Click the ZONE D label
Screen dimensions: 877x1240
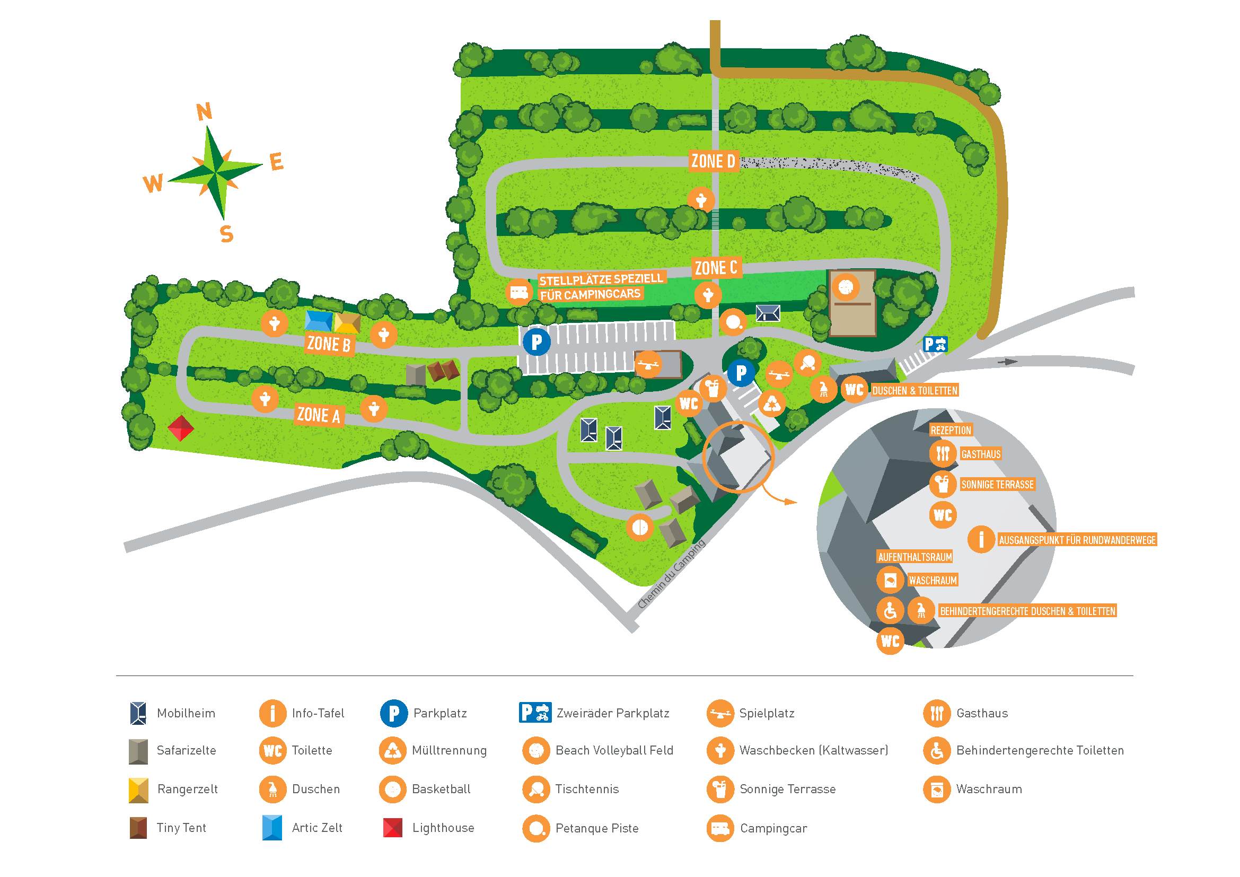tap(713, 161)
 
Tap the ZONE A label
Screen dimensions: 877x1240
tap(319, 415)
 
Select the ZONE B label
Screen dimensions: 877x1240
tap(329, 344)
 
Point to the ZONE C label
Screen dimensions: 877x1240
tap(716, 268)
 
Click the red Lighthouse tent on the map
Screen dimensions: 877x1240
tap(180, 428)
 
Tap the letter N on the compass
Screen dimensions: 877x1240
tap(204, 112)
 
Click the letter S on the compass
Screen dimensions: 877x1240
tap(227, 234)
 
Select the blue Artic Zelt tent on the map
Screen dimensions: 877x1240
tap(319, 320)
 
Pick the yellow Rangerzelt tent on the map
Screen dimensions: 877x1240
tap(347, 322)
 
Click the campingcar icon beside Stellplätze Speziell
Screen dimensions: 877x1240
tap(519, 292)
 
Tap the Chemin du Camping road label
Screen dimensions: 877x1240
tap(671, 574)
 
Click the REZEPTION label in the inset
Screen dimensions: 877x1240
tap(951, 430)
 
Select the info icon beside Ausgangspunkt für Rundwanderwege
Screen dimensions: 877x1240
tap(981, 539)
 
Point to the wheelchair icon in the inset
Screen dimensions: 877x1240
tap(890, 611)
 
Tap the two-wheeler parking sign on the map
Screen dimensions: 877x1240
tap(935, 344)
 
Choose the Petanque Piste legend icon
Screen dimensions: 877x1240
tap(537, 828)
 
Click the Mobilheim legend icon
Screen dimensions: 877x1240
tap(138, 713)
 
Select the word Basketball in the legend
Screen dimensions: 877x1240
tap(441, 789)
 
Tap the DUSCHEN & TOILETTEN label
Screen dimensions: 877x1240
tap(914, 390)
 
